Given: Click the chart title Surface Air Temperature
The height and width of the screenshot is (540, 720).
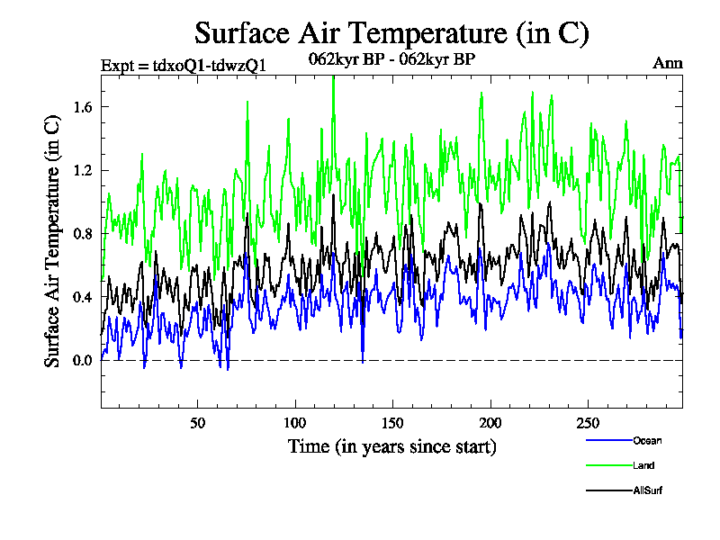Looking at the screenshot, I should (391, 33).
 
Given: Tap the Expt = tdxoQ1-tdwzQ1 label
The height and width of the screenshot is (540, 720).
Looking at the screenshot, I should (183, 64).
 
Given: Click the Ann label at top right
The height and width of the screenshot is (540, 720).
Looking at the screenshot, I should (667, 64).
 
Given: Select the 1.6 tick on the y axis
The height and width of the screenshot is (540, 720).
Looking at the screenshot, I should (82, 107).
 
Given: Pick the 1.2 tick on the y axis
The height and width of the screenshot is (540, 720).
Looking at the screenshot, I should (82, 170).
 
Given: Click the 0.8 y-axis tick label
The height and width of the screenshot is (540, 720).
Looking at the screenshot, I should (82, 234).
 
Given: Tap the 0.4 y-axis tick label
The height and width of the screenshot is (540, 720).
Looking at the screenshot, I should (82, 297).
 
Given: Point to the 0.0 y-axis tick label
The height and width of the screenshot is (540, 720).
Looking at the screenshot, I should (82, 361).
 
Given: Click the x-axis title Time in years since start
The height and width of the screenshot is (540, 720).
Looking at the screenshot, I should (391, 446).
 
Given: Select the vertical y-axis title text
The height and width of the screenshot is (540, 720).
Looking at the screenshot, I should (53, 243).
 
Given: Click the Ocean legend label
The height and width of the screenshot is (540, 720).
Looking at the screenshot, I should (647, 440).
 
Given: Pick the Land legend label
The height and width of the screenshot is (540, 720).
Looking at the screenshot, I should (643, 465).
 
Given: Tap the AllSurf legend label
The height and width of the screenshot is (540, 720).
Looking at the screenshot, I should (648, 490).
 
